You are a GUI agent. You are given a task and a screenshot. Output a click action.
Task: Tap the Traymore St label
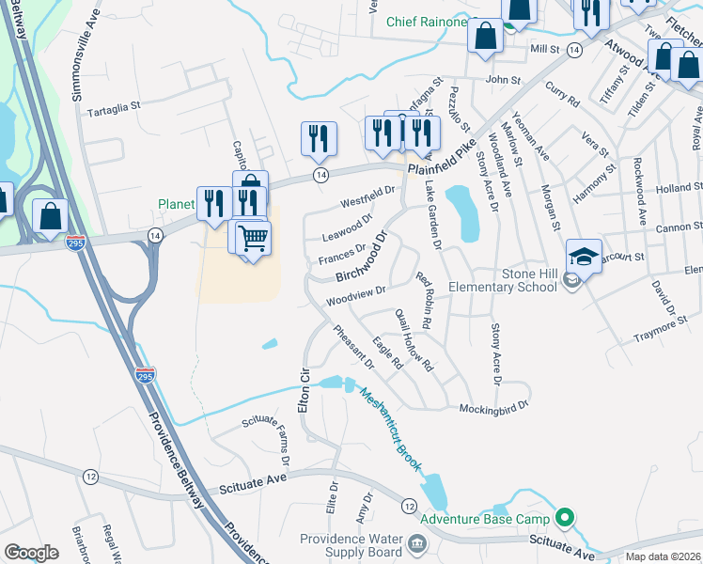pyautogui.click(x=636, y=331)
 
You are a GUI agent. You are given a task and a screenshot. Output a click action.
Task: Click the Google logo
pyautogui.click(x=31, y=553)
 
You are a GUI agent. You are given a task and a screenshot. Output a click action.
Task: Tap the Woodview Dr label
pyautogui.click(x=356, y=296)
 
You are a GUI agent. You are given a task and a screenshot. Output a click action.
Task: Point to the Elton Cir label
pyautogui.click(x=304, y=388)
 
